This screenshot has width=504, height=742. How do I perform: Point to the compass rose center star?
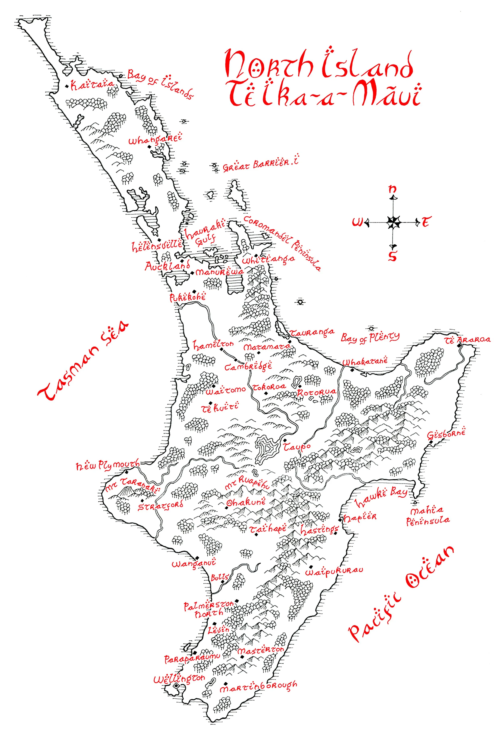[393, 222]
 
